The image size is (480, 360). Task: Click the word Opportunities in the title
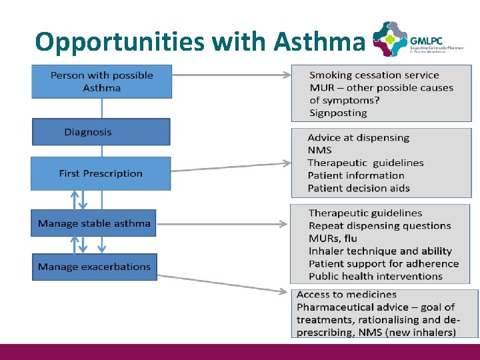pyautogui.click(x=121, y=42)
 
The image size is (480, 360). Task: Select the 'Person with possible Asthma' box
pyautogui.click(x=102, y=81)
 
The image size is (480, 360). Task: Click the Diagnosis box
pyautogui.click(x=101, y=132)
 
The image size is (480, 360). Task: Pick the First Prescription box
pyautogui.click(x=101, y=173)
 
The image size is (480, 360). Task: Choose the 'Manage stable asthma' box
pyautogui.click(x=94, y=223)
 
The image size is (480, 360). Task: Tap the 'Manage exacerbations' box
pyautogui.click(x=94, y=267)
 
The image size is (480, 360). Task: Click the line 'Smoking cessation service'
pyautogui.click(x=374, y=75)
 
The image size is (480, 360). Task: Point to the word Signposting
pyautogui.click(x=338, y=113)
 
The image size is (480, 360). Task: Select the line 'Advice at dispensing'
pyautogui.click(x=358, y=137)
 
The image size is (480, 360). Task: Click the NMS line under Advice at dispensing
pyautogui.click(x=319, y=150)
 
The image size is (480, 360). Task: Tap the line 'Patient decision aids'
pyautogui.click(x=359, y=188)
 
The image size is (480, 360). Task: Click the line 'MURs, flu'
pyautogui.click(x=333, y=238)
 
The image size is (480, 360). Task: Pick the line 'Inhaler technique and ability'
pyautogui.click(x=380, y=251)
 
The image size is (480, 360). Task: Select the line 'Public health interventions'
pyautogui.click(x=376, y=276)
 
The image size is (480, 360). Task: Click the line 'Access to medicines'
pyautogui.click(x=346, y=294)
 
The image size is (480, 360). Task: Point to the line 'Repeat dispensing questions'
pyautogui.click(x=379, y=225)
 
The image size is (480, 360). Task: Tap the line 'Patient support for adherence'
pyautogui.click(x=383, y=263)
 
